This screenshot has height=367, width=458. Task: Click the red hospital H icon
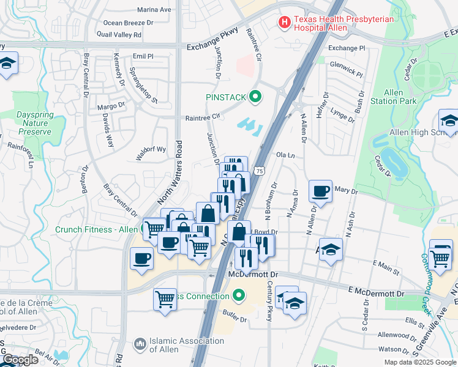point(285,23)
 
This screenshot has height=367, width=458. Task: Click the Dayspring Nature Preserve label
point(34,122)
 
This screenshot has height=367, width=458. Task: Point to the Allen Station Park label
point(402,97)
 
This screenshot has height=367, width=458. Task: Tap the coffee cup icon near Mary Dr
point(321,191)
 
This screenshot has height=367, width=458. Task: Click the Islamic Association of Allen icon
point(140,346)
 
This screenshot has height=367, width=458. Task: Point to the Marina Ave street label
point(154,10)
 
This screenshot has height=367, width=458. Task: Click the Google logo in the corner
point(20,360)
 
